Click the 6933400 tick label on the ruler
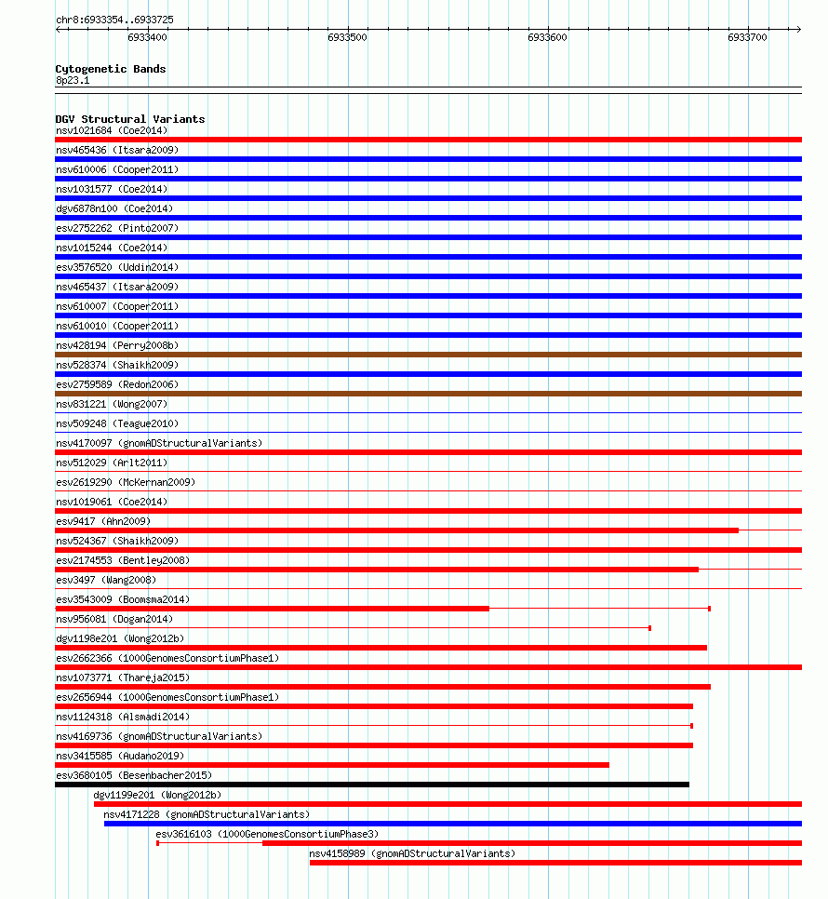click(147, 37)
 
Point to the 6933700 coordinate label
click(747, 37)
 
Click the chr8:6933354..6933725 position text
click(114, 20)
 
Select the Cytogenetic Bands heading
click(110, 69)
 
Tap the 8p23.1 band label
click(73, 80)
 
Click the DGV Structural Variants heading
click(129, 119)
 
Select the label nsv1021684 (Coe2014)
click(112, 130)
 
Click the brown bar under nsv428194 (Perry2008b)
click(428, 355)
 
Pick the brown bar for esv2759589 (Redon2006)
click(428, 394)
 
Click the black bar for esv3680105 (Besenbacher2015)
click(372, 785)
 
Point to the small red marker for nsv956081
click(649, 628)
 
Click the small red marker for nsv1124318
click(691, 726)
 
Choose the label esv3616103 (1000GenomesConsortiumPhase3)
click(267, 834)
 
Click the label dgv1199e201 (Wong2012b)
click(157, 795)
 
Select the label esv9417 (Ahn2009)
click(102, 521)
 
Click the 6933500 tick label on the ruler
click(347, 37)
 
